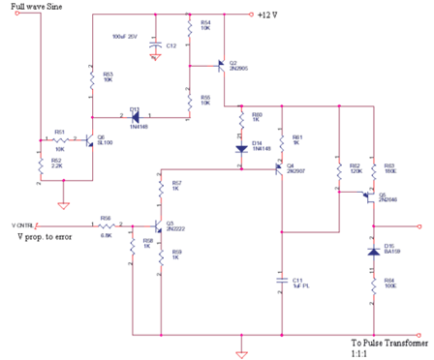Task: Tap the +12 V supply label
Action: [x=267, y=14]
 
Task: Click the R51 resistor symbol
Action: [x=59, y=139]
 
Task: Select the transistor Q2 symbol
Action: [x=220, y=66]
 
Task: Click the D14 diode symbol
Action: [x=242, y=148]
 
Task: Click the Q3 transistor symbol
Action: [x=158, y=225]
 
